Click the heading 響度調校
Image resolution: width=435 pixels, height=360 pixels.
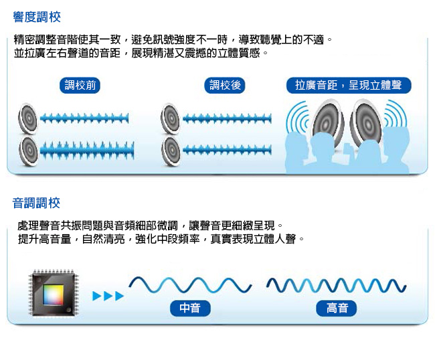coord(37,17)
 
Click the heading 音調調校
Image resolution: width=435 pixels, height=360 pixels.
coord(36,203)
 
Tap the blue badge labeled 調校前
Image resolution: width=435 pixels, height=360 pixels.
coord(80,85)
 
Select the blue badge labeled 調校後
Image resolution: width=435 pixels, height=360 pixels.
coord(225,85)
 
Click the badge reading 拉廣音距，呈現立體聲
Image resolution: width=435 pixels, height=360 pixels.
coord(349,85)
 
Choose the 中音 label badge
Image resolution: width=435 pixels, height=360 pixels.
coord(190,308)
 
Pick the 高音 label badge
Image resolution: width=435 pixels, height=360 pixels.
coord(336,308)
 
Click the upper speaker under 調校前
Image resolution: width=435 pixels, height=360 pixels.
coord(28,118)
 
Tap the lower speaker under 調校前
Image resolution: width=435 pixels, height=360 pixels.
coord(29,151)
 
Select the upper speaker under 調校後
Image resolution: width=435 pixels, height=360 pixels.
coord(171,118)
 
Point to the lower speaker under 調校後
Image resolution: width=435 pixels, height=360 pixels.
coord(171,151)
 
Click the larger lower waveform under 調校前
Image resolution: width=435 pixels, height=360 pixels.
coord(87,151)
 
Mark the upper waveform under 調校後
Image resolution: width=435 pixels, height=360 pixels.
coord(227,119)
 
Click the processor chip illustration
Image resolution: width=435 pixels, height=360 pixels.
coord(54,292)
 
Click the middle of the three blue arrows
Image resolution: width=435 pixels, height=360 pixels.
coord(108,296)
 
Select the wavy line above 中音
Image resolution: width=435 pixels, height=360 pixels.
coord(190,284)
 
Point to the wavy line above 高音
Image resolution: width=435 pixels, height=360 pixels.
coord(336,285)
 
